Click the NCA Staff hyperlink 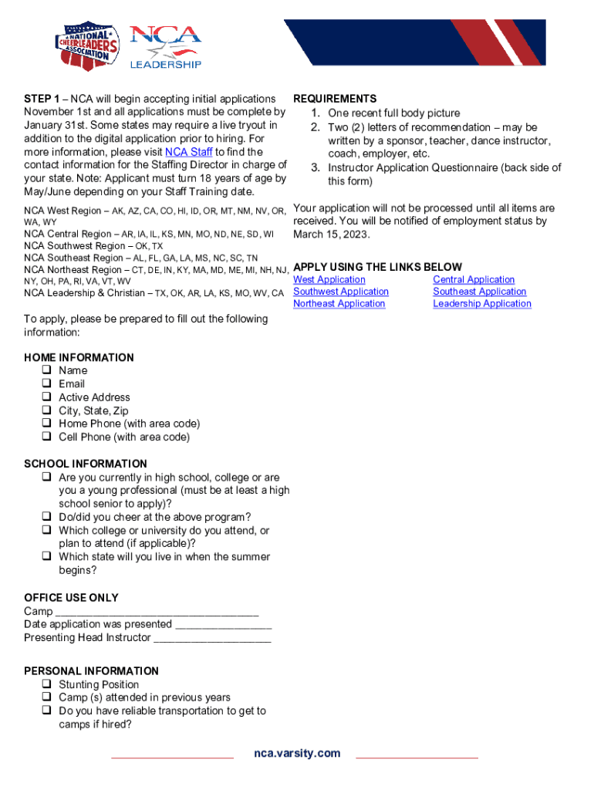click(x=189, y=152)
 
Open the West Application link click(x=329, y=280)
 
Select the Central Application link click(x=474, y=280)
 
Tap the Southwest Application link click(x=341, y=292)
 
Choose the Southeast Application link click(x=480, y=292)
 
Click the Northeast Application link click(x=339, y=304)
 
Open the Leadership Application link click(x=482, y=304)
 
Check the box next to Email click(x=46, y=384)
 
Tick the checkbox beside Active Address click(x=46, y=397)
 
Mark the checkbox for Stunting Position click(x=46, y=684)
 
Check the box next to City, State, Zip click(x=46, y=410)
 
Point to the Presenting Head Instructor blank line click(x=212, y=638)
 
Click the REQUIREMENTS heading click(x=335, y=99)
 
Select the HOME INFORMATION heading click(x=79, y=358)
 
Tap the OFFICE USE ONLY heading click(x=71, y=598)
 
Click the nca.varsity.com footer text click(x=297, y=754)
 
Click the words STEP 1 click(x=42, y=99)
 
